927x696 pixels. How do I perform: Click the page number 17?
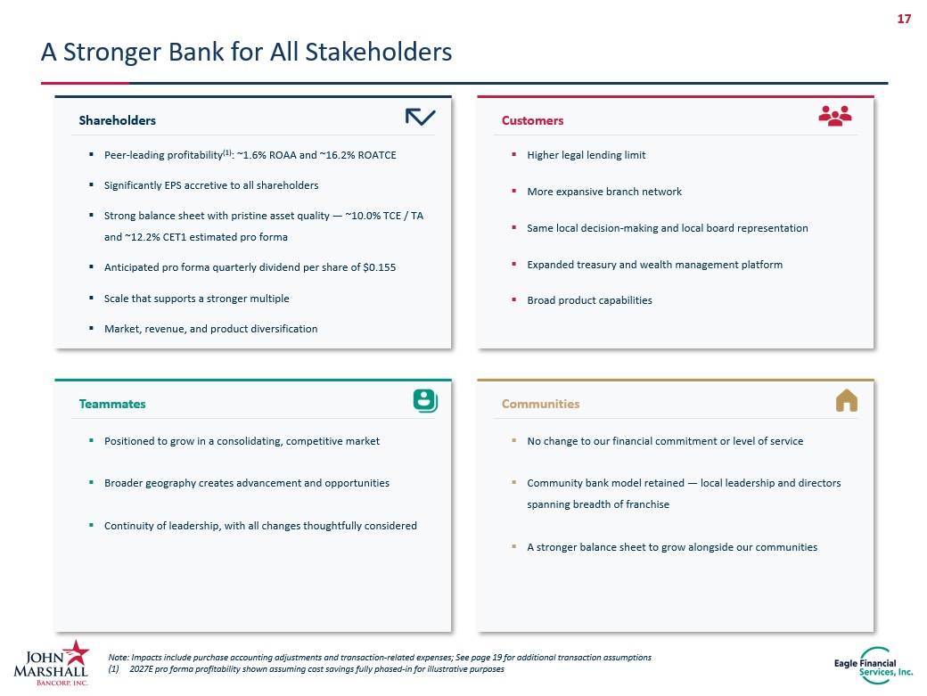click(904, 19)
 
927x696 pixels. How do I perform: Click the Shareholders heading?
click(117, 120)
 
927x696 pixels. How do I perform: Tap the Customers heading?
click(532, 120)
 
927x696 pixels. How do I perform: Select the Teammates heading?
click(111, 404)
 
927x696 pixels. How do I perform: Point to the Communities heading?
click(540, 404)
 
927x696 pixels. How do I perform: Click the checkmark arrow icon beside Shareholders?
click(421, 117)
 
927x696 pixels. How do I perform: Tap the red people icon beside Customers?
click(835, 116)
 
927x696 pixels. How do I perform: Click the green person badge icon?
click(425, 401)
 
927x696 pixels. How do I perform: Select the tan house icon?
click(847, 400)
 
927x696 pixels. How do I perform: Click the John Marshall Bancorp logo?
click(52, 663)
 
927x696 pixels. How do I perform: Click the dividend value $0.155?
click(379, 267)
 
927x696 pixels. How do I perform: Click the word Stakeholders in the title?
click(378, 52)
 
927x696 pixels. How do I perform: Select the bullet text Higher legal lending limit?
click(586, 155)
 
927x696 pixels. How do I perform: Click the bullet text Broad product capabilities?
click(589, 300)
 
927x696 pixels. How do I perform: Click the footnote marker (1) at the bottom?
click(113, 669)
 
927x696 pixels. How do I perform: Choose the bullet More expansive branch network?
click(604, 192)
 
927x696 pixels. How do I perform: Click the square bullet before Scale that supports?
click(91, 298)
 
